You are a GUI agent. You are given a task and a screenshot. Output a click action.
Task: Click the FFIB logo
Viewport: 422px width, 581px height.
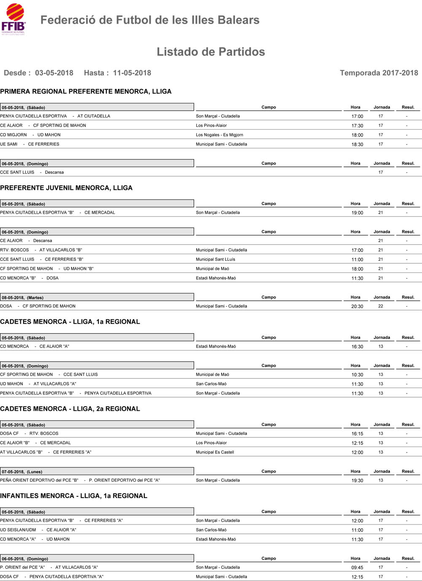click(x=14, y=19)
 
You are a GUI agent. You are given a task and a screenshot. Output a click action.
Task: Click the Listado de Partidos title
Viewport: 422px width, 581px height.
click(x=211, y=52)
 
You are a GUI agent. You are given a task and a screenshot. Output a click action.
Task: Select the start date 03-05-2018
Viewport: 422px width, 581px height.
click(x=54, y=73)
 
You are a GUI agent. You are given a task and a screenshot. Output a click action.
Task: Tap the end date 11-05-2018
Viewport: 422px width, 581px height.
click(x=132, y=73)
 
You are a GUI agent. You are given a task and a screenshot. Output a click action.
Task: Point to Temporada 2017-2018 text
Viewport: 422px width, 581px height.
click(x=379, y=73)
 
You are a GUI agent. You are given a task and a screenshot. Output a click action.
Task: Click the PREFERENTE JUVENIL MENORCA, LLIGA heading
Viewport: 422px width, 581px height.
click(x=66, y=188)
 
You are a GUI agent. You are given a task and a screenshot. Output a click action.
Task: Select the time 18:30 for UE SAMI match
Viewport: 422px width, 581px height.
click(x=357, y=145)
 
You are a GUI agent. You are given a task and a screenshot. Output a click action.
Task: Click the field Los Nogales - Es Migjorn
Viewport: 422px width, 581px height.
click(x=219, y=135)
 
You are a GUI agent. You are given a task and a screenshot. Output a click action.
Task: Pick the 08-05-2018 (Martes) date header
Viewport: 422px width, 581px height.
click(x=23, y=297)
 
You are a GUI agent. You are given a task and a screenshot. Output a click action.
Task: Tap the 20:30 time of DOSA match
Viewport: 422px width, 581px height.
click(x=357, y=307)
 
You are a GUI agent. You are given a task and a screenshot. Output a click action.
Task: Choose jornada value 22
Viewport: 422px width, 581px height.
click(x=381, y=306)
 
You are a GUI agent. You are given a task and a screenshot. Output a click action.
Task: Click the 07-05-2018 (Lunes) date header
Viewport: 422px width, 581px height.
click(x=22, y=472)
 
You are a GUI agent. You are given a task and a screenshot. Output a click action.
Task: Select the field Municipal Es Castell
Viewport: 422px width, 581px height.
click(x=215, y=452)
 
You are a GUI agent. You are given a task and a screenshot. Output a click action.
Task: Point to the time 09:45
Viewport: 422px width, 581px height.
click(x=357, y=568)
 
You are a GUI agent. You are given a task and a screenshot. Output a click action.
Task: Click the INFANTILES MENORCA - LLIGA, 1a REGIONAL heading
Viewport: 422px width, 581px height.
click(x=73, y=496)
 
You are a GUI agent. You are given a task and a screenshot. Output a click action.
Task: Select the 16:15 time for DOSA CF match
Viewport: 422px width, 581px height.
click(x=357, y=434)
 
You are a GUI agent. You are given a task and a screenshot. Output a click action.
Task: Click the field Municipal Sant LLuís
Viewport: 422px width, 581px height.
click(x=216, y=260)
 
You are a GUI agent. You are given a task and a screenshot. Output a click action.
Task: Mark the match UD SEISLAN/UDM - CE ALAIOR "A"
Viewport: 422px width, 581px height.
click(x=38, y=530)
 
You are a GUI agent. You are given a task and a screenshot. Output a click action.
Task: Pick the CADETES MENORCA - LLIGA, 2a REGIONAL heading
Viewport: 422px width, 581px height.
click(x=70, y=409)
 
